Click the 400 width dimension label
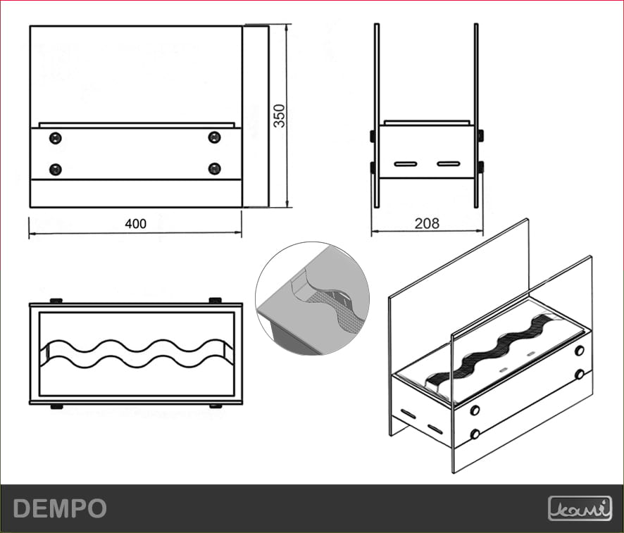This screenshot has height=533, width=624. [x=135, y=224]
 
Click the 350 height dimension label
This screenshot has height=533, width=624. [x=280, y=116]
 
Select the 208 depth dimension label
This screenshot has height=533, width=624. [x=427, y=224]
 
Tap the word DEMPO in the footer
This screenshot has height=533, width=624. [x=60, y=508]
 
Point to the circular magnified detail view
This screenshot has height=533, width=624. [x=313, y=299]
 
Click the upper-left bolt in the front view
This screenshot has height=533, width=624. [x=56, y=137]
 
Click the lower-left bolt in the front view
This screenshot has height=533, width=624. [x=56, y=169]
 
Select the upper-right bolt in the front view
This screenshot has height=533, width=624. [x=215, y=137]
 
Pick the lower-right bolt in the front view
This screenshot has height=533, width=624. [x=215, y=169]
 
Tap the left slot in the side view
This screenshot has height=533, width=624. [x=406, y=164]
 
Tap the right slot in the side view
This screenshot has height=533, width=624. [x=448, y=164]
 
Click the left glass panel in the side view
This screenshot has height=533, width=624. [x=377, y=116]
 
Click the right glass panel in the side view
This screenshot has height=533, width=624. [x=477, y=116]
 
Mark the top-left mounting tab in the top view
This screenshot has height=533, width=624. [x=56, y=301]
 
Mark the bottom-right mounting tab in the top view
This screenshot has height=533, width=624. [x=215, y=406]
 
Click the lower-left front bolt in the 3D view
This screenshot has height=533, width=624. [x=475, y=434]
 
